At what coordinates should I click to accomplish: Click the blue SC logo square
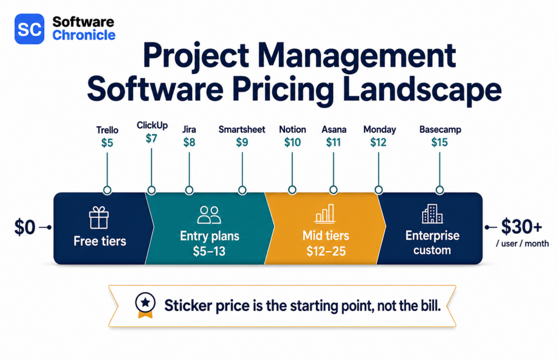point(29,28)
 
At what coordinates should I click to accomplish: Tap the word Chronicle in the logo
point(84,35)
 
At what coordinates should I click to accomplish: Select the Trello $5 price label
point(107,143)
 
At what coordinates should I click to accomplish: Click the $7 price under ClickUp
point(152,138)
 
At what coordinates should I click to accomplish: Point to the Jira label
point(189,129)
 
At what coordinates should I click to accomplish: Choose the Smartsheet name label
point(242,129)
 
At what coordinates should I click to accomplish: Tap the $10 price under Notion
point(293,143)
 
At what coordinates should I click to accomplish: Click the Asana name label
point(334,129)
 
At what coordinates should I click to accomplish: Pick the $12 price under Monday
point(378,143)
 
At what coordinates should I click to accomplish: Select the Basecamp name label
point(440,129)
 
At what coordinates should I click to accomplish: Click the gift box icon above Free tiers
point(99,217)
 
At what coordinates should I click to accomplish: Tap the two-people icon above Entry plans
point(209,215)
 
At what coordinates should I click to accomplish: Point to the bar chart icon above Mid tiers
point(325,214)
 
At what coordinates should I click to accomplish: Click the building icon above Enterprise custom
point(432,214)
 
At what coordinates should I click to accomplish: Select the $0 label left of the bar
point(25,227)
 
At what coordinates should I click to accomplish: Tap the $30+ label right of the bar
point(521,226)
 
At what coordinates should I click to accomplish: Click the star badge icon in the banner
point(145,305)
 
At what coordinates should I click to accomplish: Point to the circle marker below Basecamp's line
point(439,190)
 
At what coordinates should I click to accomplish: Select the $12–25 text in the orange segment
point(326,251)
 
